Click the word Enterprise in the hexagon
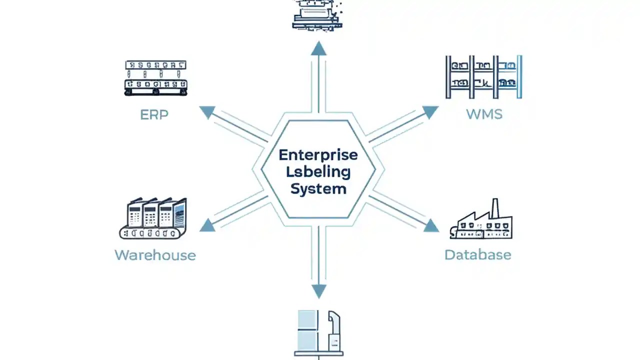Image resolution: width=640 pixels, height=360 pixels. click(x=318, y=154)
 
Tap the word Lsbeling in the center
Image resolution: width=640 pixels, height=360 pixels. click(x=318, y=172)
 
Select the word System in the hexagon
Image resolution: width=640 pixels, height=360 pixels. click(x=318, y=189)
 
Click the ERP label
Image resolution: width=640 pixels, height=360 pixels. click(x=154, y=114)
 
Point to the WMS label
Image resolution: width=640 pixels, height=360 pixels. click(x=484, y=114)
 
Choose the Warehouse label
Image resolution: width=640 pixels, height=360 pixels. click(x=155, y=255)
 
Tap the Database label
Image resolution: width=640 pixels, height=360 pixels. click(x=477, y=255)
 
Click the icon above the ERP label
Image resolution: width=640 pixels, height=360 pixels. click(x=155, y=78)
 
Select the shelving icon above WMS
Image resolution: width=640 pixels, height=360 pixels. click(x=483, y=77)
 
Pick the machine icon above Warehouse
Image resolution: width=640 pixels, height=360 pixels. click(x=153, y=218)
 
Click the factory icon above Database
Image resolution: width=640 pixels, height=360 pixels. click(x=481, y=222)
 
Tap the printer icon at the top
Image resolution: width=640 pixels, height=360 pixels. click(x=317, y=15)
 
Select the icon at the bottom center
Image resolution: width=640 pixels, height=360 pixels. click(x=318, y=333)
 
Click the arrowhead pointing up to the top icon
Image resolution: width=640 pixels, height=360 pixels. click(x=318, y=48)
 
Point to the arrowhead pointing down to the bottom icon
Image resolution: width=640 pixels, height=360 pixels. click(x=318, y=291)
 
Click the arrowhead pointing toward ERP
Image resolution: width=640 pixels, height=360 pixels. click(x=207, y=112)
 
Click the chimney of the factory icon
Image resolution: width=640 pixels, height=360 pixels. click(x=495, y=208)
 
